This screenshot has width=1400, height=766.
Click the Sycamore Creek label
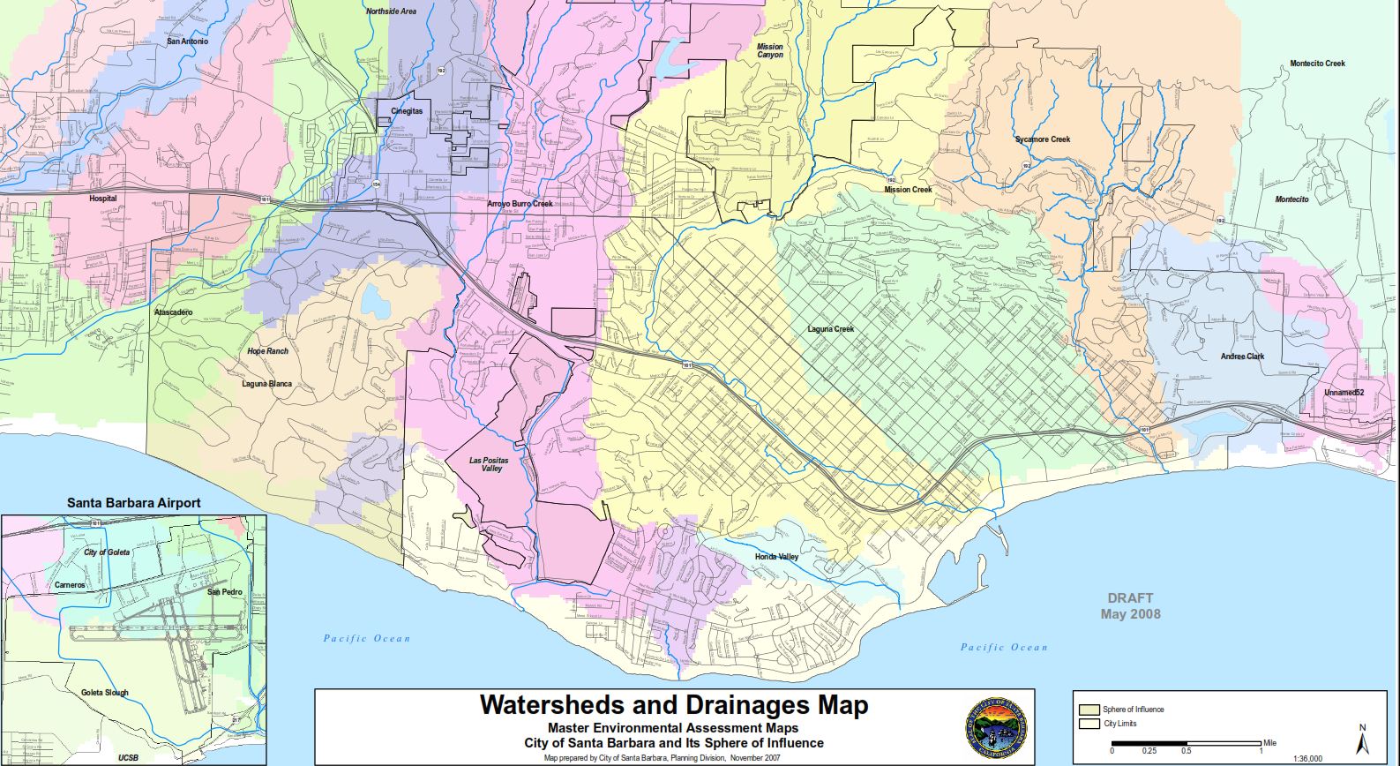(x=1042, y=139)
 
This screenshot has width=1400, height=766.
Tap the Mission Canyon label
(x=769, y=51)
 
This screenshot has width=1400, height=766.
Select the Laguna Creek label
(x=830, y=329)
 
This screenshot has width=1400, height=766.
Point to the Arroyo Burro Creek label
(x=520, y=204)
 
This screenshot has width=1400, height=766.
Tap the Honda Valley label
(x=776, y=557)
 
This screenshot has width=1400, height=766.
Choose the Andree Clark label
(x=1242, y=357)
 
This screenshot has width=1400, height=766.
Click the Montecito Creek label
(x=1317, y=64)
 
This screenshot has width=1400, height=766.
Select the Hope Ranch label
(x=267, y=351)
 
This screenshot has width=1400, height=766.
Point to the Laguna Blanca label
(x=266, y=384)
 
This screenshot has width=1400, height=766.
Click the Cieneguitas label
(x=407, y=111)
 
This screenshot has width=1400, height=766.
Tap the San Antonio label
(x=187, y=41)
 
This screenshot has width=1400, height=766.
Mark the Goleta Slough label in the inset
(x=104, y=693)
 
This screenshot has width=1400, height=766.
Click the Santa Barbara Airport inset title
(x=134, y=503)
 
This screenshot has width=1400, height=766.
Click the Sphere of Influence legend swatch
(x=1089, y=710)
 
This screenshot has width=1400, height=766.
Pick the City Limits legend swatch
(x=1089, y=724)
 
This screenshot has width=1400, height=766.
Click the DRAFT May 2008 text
(x=1130, y=606)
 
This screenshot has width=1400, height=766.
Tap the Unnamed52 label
(x=1344, y=393)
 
